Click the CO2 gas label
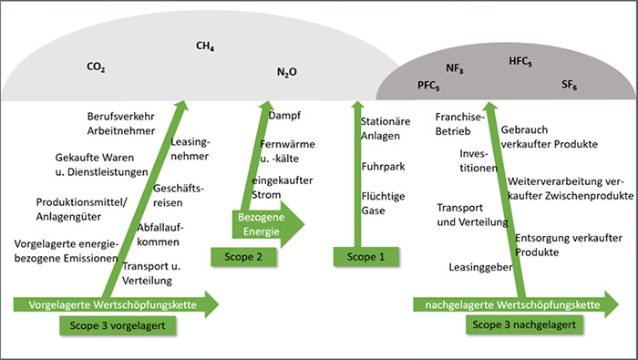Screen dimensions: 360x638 coord(95,67)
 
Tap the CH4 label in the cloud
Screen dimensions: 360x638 coord(204,45)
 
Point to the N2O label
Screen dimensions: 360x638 coord(286,72)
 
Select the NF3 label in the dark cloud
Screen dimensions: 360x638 coord(455,68)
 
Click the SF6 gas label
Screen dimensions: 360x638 coord(569,85)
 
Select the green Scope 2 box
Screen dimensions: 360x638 coord(240,257)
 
